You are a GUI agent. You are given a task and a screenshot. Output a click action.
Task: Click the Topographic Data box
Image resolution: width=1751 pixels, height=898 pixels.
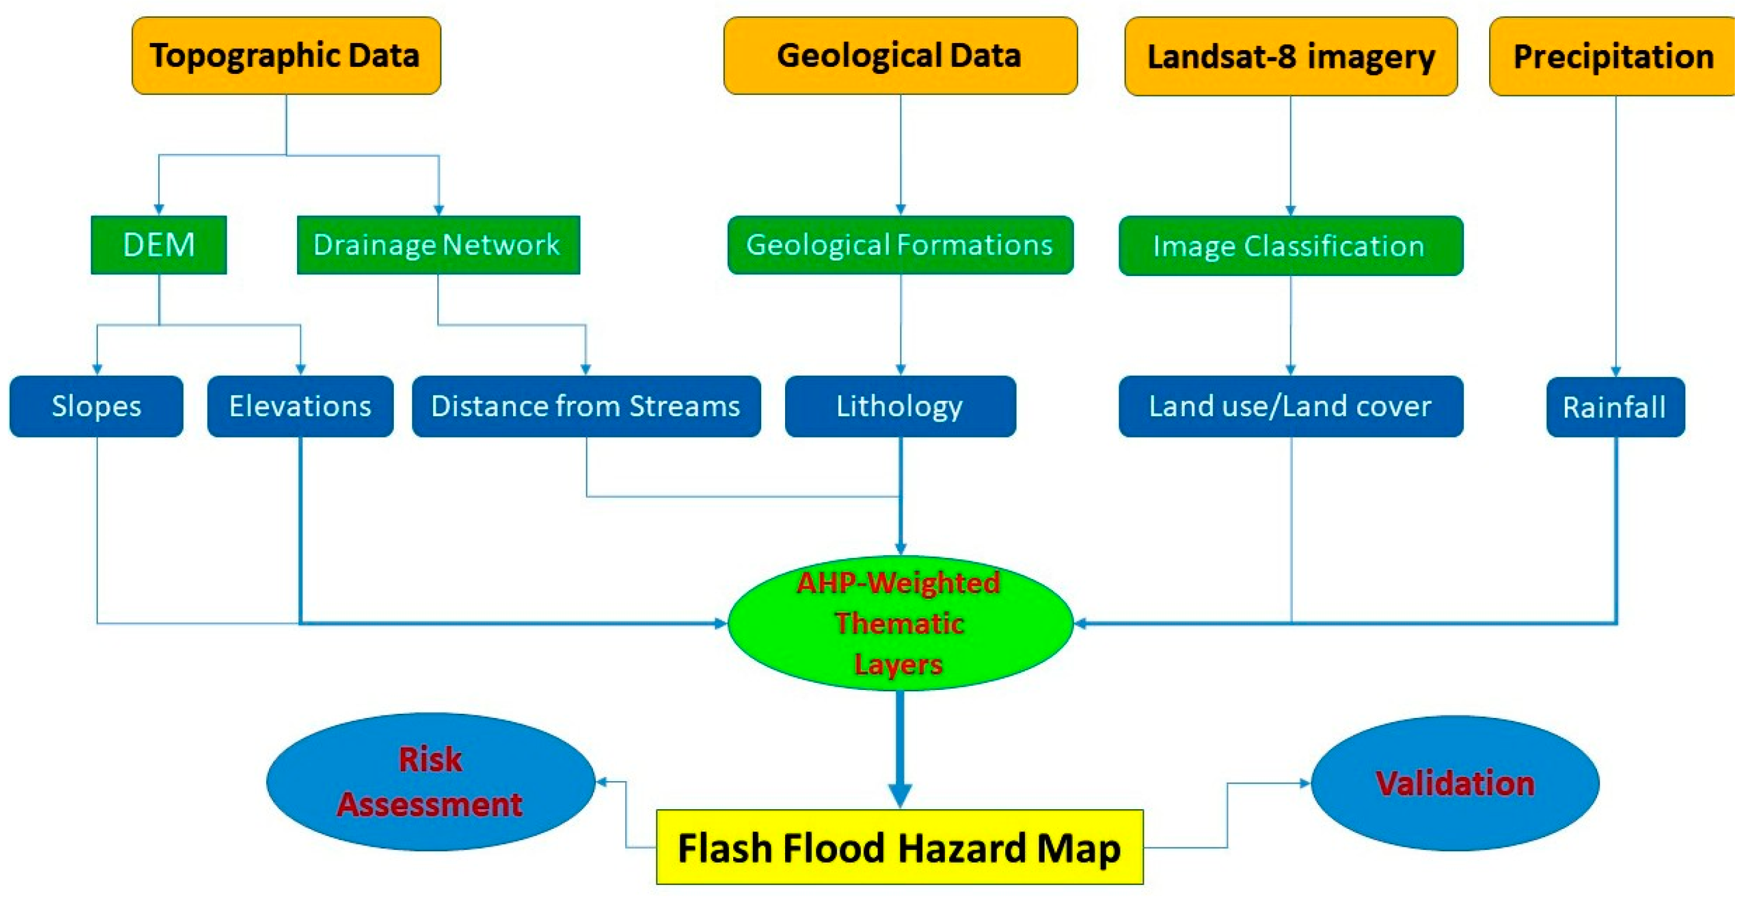coord(286,55)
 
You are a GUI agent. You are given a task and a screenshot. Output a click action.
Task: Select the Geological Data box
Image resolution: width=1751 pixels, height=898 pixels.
coord(900,55)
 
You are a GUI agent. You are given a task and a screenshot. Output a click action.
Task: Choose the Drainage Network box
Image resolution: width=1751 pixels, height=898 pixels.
coord(438,244)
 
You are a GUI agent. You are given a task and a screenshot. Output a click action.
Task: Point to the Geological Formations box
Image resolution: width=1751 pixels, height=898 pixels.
coord(900,244)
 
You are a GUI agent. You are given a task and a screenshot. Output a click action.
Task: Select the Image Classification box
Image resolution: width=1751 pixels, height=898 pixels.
coord(1290,245)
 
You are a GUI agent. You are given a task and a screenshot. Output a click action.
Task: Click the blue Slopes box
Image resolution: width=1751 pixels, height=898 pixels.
coord(97,405)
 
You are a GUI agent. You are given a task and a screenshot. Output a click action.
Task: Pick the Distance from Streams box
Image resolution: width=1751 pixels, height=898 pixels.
coord(586,405)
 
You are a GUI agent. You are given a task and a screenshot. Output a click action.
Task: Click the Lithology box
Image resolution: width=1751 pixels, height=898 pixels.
coord(900,405)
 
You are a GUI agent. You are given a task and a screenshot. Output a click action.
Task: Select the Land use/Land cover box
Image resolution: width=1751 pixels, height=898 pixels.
coord(1290,405)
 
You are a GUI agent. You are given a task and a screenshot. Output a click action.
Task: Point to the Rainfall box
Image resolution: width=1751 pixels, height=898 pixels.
coord(1615,407)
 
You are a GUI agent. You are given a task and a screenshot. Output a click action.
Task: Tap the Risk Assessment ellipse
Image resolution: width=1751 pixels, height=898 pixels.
coord(430,781)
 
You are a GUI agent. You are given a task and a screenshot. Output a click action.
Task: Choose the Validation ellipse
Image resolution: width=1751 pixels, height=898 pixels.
coord(1454,782)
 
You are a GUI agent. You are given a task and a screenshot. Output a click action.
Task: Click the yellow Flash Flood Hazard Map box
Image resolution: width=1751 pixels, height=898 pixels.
coord(899,847)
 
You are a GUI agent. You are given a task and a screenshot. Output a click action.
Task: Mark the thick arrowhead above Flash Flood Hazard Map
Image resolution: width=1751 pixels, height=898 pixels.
coord(900,795)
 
